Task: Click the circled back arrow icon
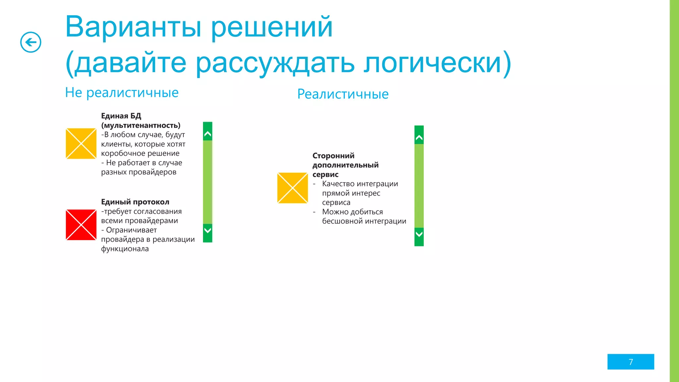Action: (x=31, y=42)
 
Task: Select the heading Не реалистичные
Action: (x=122, y=93)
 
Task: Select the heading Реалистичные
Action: (x=343, y=94)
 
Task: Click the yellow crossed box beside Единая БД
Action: (x=81, y=144)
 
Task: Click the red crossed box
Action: (x=81, y=225)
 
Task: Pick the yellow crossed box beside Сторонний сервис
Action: (x=292, y=188)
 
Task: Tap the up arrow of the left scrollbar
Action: (x=208, y=134)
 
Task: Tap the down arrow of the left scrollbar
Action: (x=208, y=230)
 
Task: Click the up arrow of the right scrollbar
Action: (x=419, y=138)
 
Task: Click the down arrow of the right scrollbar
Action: (x=419, y=234)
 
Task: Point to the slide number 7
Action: (x=631, y=362)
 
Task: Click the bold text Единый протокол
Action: (x=135, y=202)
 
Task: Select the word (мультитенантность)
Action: (x=141, y=125)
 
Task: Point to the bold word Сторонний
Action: (x=333, y=156)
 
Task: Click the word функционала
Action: (x=125, y=249)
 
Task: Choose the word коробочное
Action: (x=123, y=154)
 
